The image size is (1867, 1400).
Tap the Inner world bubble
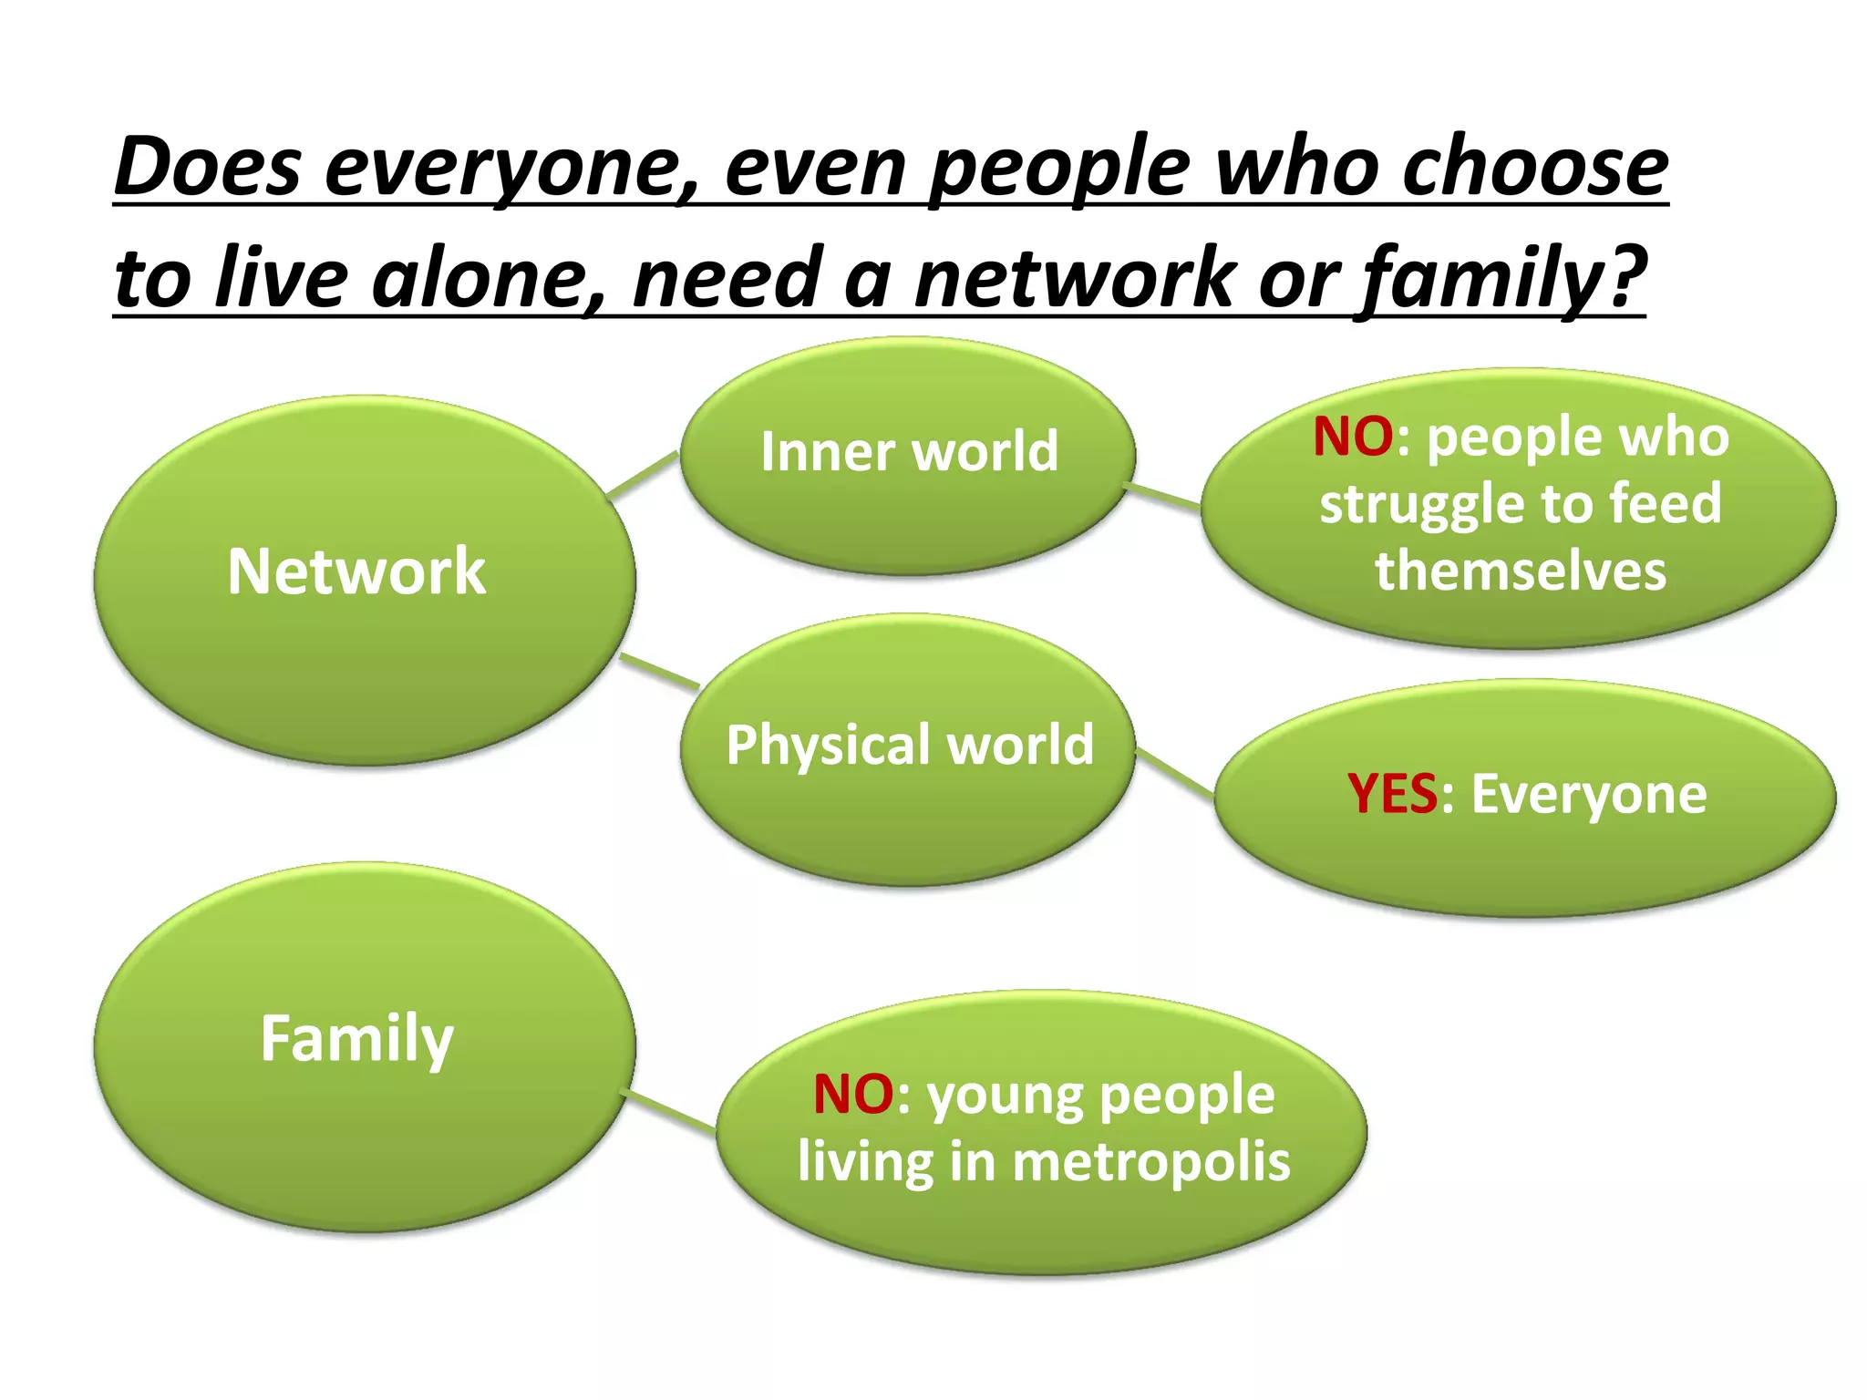pyautogui.click(x=908, y=456)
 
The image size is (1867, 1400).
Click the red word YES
pyautogui.click(x=1392, y=794)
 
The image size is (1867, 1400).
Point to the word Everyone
pyautogui.click(x=1588, y=794)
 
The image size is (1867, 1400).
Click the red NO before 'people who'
pyautogui.click(x=1352, y=437)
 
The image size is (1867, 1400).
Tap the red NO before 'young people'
pyautogui.click(x=852, y=1094)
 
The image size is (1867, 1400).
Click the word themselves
pyautogui.click(x=1521, y=571)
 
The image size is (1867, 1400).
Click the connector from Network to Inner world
pyautogui.click(x=643, y=475)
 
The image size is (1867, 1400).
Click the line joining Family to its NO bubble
pyautogui.click(x=672, y=1110)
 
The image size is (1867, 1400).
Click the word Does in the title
pyautogui.click(x=208, y=168)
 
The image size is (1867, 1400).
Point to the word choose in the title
pyautogui.click(x=1535, y=168)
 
